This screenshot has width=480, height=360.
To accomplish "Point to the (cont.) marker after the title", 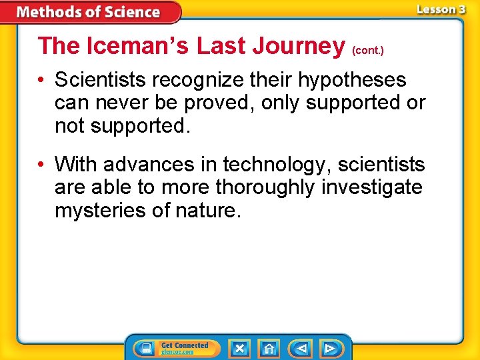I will (368, 50).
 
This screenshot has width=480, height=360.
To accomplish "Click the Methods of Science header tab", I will (89, 12).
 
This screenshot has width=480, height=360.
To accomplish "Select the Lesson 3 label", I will (441, 9).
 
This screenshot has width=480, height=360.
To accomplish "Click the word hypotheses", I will (351, 81).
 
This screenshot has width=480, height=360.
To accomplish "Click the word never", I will (128, 103).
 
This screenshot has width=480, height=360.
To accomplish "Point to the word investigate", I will (371, 187).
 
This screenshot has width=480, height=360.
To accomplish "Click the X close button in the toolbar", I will (239, 348).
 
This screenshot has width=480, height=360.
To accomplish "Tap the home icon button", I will (268, 348).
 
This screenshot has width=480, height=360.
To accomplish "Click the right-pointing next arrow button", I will (329, 348).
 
